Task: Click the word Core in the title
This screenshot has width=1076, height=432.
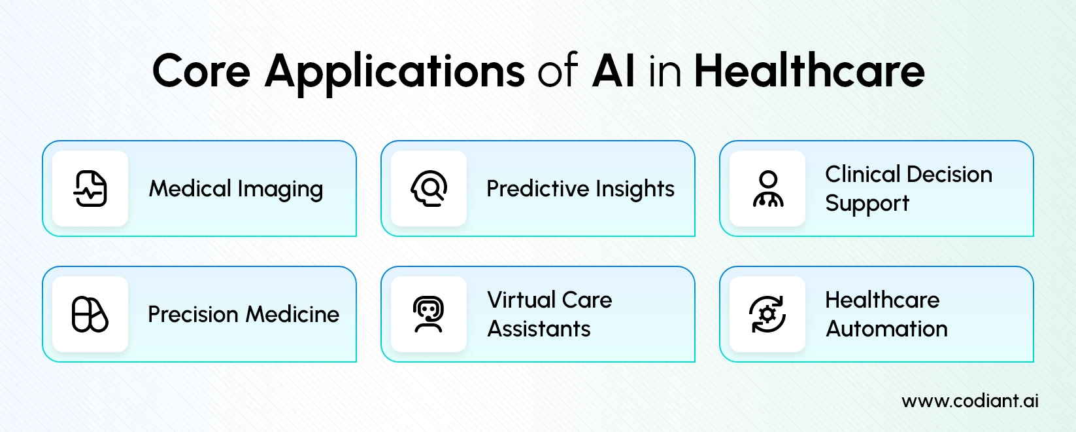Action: coord(201,71)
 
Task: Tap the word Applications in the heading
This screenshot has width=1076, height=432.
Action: coord(394,71)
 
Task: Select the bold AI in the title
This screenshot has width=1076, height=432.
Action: coord(613,71)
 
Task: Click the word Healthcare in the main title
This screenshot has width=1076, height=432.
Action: coord(809,71)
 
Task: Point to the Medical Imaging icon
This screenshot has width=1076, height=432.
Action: coord(90,189)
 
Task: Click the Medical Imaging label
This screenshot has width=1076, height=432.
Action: coord(236,189)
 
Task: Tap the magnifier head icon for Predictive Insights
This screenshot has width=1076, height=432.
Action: coord(429,189)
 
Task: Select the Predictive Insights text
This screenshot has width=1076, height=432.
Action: coord(580,189)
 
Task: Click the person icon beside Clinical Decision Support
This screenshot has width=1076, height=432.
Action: coord(767,189)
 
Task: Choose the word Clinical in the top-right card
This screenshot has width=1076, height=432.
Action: coord(862,174)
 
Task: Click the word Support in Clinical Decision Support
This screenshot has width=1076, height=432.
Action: coord(867,204)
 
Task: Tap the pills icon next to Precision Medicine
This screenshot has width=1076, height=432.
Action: coord(90,314)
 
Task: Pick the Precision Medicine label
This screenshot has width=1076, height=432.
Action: coord(243,314)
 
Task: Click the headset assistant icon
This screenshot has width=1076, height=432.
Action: coord(429,314)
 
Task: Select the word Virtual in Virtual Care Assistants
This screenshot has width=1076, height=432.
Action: coord(521,300)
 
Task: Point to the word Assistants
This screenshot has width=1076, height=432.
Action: coord(539,329)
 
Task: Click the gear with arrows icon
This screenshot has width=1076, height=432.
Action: coord(767,314)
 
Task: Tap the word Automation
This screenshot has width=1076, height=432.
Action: coord(886,329)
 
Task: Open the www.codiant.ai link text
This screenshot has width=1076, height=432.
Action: coord(969,401)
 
